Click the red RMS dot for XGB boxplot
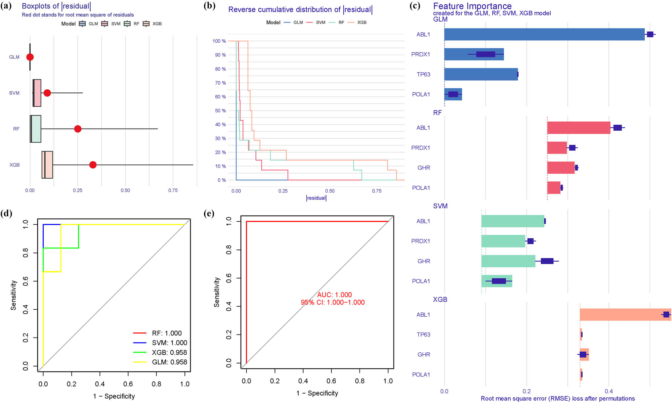point(93,165)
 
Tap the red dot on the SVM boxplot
point(47,93)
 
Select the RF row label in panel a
point(16,129)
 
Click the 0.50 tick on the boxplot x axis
point(125,190)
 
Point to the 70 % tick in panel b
point(220,83)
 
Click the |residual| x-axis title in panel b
point(316,198)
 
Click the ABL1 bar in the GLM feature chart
point(544,34)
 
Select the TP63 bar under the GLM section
point(481,74)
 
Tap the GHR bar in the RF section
point(560,168)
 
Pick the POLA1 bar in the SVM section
point(497,281)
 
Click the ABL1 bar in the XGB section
point(625,315)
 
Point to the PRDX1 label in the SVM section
point(420,241)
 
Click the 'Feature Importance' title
point(472,6)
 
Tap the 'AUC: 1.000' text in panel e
point(334,295)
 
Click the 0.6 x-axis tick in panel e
point(331,381)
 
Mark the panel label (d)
point(6,214)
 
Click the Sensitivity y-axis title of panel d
point(13,295)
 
